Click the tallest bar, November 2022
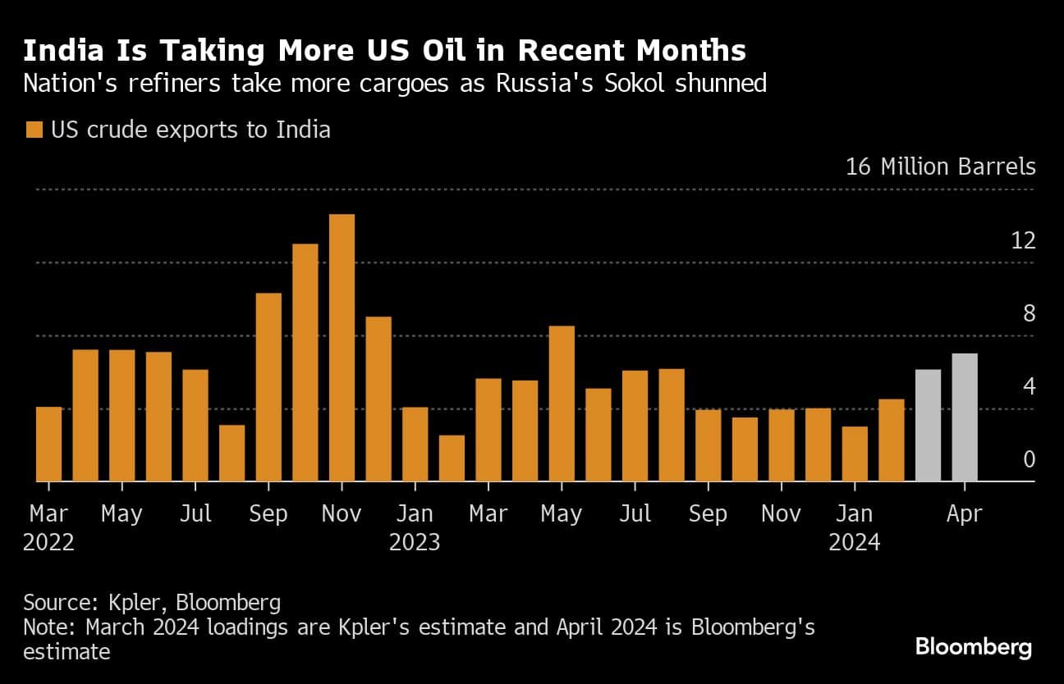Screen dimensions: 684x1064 342,348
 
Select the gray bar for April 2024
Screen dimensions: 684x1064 965,417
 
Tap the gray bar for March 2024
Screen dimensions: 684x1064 928,426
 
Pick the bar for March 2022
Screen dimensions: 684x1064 48,444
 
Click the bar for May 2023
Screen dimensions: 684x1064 562,404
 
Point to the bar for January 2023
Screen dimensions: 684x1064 415,444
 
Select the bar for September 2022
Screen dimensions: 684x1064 268,387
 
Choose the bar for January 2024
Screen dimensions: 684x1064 855,454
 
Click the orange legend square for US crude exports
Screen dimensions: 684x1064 34,130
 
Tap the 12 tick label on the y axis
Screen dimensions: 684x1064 1023,241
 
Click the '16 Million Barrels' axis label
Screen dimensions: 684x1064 941,167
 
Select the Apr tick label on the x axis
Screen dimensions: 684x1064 964,514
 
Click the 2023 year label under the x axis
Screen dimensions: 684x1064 415,542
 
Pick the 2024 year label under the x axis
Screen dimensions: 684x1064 854,542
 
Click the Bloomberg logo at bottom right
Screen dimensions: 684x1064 973,647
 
